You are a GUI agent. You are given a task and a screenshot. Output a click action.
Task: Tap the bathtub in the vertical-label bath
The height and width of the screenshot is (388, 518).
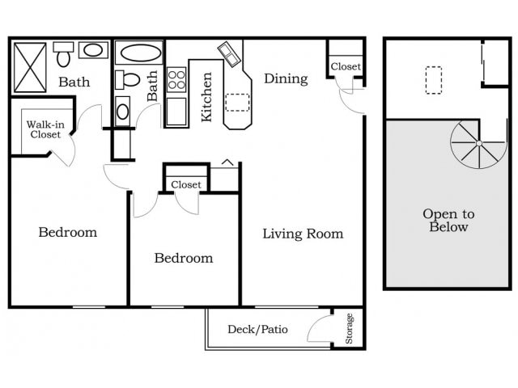pyautogui.click(x=140, y=55)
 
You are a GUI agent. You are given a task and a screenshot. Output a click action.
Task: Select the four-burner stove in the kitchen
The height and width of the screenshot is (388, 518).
pyautogui.click(x=176, y=80)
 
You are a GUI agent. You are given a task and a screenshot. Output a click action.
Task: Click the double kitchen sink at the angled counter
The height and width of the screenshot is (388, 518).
pyautogui.click(x=230, y=53)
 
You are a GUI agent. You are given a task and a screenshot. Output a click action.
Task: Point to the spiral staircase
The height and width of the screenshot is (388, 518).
pyautogui.click(x=478, y=144)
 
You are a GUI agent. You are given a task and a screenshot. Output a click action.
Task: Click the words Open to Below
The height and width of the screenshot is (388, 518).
pyautogui.click(x=448, y=221)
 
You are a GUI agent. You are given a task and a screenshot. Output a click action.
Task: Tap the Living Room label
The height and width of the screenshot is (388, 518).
pyautogui.click(x=303, y=234)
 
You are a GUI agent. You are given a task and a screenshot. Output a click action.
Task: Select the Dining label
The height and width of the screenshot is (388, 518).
pyautogui.click(x=286, y=78)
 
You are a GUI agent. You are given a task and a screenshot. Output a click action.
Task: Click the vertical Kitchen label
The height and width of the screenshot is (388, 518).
pyautogui.click(x=207, y=97)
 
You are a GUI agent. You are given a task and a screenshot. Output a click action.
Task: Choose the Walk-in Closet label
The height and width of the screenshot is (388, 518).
pyautogui.click(x=45, y=129)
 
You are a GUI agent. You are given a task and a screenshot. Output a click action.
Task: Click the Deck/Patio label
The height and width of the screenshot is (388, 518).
pyautogui.click(x=257, y=329)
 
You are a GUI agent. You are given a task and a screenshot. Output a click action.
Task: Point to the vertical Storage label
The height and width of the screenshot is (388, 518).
pyautogui.click(x=350, y=329)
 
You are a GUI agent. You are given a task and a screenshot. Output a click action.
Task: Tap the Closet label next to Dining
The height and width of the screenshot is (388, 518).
pyautogui.click(x=346, y=66)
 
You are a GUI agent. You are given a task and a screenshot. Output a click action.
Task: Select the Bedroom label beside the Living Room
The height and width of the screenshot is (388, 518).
pyautogui.click(x=184, y=258)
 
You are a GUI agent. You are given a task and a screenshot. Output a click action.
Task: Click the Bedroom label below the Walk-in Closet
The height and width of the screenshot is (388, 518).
pyautogui.click(x=68, y=232)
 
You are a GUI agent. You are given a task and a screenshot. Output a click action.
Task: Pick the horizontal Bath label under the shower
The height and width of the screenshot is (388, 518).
pyautogui.click(x=74, y=82)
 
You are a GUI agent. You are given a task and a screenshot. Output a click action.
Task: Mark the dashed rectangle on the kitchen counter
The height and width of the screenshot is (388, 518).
pyautogui.click(x=237, y=101)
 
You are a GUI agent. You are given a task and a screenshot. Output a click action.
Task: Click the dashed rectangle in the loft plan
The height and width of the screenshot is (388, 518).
pyautogui.click(x=434, y=80)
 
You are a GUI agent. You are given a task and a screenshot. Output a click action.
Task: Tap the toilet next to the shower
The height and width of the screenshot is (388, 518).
pyautogui.click(x=64, y=54)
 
